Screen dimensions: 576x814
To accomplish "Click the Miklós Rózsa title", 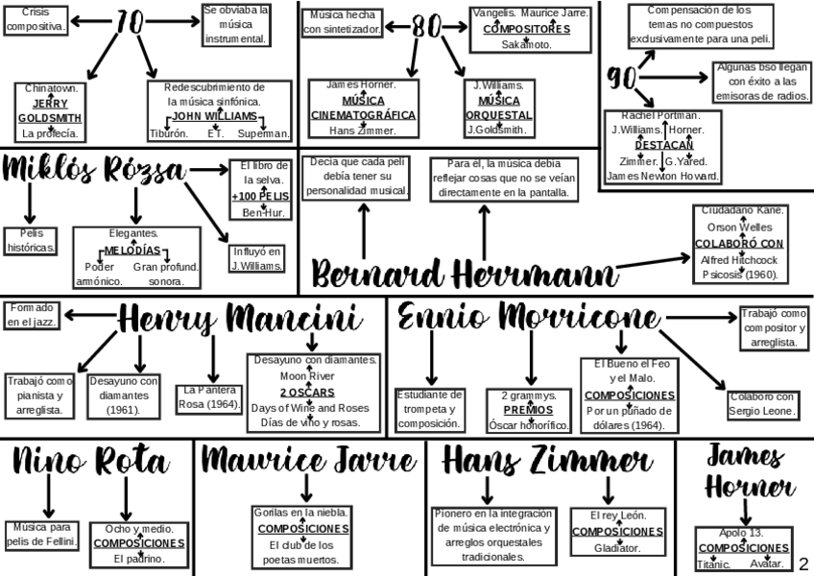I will pos(95,171).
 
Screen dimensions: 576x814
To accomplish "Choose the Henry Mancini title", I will pos(239,319).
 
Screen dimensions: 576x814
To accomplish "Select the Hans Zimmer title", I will pos(547,461).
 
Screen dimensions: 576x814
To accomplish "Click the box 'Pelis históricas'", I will pos(29,241).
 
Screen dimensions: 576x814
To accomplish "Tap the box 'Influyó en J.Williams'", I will pos(257,258).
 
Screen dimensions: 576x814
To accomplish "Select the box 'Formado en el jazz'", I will pos(32,315).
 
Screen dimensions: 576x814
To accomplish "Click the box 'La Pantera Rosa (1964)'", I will pos(208,397).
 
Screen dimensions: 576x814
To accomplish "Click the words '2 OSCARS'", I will pos(309,393).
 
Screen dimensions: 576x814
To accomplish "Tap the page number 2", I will pos(802,564).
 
